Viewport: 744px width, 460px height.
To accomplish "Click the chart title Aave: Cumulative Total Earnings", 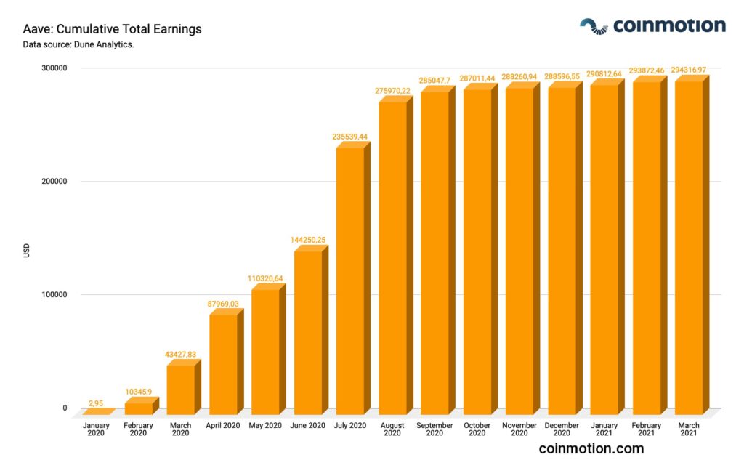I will [113, 30].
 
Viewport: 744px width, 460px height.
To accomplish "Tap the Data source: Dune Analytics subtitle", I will [78, 45].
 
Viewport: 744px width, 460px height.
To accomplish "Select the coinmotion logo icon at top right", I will [593, 26].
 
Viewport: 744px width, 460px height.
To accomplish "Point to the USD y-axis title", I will [27, 251].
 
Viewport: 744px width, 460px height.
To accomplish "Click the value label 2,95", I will [97, 403].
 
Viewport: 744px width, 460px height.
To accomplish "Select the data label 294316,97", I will [689, 70].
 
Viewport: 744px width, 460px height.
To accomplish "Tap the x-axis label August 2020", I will [392, 429].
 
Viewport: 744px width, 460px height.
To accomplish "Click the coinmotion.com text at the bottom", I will [591, 448].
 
